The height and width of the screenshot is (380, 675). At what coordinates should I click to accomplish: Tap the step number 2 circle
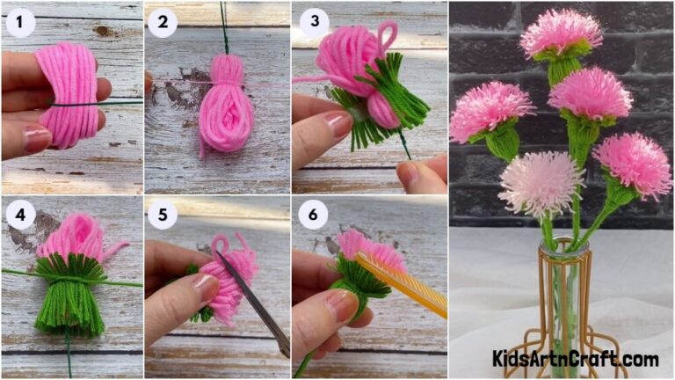point(162,23)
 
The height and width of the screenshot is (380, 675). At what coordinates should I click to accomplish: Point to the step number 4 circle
point(20,215)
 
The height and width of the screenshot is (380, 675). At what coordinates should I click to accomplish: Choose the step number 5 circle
point(162,215)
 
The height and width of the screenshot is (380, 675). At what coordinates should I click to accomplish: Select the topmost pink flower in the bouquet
point(561,33)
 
